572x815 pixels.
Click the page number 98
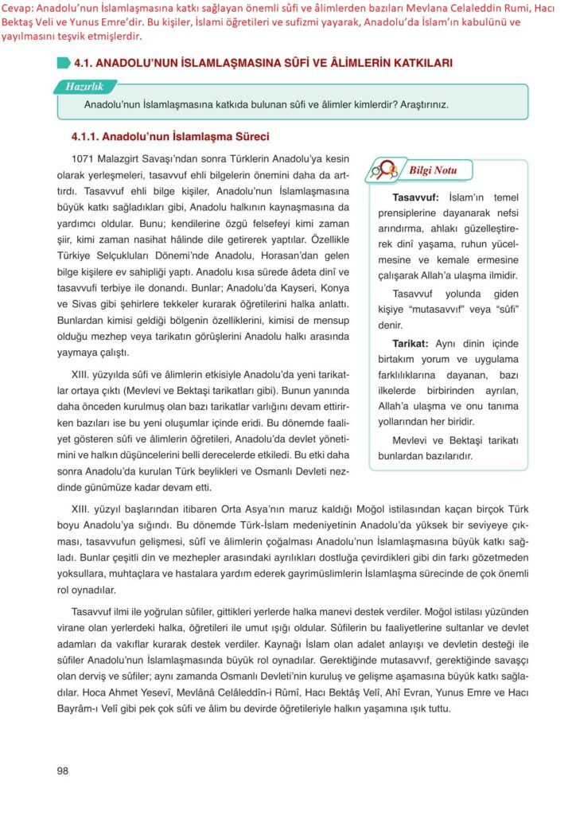tap(63, 770)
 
